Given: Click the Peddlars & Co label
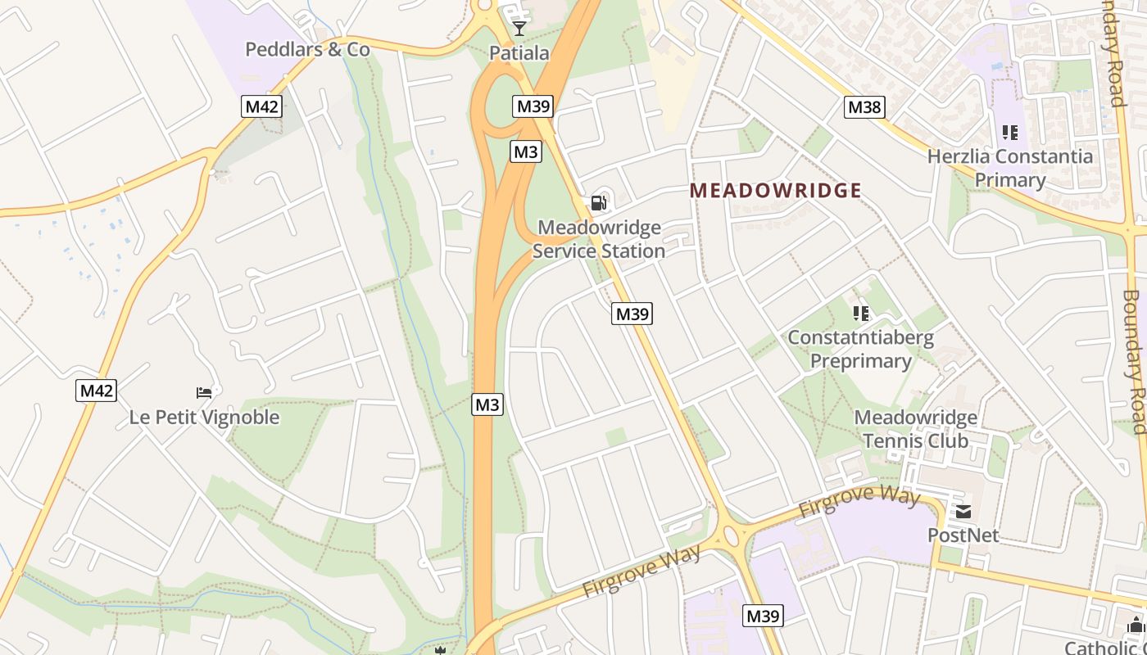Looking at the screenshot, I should tap(307, 49).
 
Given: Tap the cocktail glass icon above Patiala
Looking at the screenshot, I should tap(519, 29).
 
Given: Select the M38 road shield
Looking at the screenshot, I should tap(864, 106).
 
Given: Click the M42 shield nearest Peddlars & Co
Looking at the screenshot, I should tap(262, 106).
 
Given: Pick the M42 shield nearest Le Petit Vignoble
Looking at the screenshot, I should tap(97, 391).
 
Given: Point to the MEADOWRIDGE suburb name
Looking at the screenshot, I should tap(775, 191).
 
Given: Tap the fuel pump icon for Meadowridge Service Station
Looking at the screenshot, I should tap(599, 202).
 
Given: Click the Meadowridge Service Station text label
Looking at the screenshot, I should tap(598, 239).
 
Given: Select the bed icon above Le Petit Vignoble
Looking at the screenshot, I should tap(204, 393).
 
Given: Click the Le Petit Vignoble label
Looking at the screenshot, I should tap(204, 418).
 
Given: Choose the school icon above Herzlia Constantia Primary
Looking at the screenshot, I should tap(1009, 132).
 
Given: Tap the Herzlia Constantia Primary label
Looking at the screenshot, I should tap(1009, 168).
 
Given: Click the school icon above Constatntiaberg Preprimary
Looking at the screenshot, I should tap(860, 313).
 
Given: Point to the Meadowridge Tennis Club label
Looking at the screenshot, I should tap(915, 429).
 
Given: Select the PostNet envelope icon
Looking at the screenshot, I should tap(963, 512).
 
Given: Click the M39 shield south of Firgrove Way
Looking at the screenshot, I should tap(763, 616).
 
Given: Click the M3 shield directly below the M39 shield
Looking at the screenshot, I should tap(526, 151).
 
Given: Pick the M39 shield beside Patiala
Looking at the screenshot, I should tap(533, 106).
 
